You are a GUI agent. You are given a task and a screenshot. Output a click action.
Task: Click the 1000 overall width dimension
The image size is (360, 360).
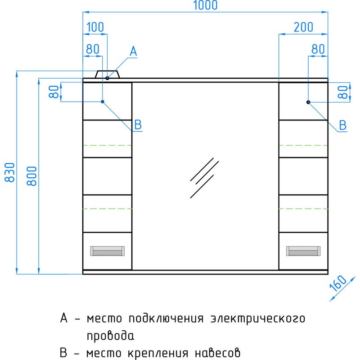point(206,5)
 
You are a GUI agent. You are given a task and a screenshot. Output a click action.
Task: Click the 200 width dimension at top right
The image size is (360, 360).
point(303,27)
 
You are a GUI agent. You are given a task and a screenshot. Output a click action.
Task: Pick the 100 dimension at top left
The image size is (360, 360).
point(94,27)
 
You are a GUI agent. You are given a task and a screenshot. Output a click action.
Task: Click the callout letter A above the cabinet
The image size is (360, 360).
point(133,52)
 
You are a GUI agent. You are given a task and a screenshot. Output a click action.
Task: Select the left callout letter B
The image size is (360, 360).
point(138,125)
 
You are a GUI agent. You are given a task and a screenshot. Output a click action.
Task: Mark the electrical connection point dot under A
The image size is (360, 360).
point(108,78)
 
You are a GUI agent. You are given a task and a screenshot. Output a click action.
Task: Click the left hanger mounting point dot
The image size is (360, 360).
point(103,102)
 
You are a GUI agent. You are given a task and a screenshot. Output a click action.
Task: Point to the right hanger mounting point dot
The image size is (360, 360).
point(309,102)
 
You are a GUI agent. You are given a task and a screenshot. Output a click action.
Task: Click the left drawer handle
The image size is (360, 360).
point(108,251)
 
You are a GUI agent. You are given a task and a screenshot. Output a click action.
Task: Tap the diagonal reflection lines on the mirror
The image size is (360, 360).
point(203,178)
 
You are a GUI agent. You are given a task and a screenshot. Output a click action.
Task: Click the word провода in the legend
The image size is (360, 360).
point(110,336)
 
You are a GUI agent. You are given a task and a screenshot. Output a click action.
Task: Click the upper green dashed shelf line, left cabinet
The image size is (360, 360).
point(108,145)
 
